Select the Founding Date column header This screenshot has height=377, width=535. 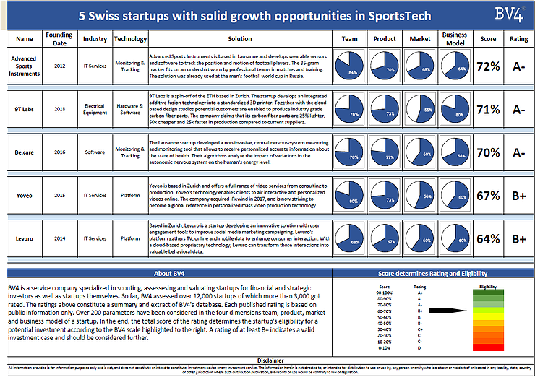[x=59, y=38]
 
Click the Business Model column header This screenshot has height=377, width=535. [x=455, y=38]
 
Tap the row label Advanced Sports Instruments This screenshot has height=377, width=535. [x=24, y=66]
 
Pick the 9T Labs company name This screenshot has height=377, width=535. [x=24, y=110]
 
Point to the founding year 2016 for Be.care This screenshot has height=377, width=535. [x=59, y=152]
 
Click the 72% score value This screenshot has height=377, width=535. [x=488, y=67]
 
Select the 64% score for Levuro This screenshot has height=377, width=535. [x=488, y=238]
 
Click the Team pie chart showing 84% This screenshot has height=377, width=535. [x=350, y=66]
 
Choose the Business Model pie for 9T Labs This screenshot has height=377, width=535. [x=455, y=109]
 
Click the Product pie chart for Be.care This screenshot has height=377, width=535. [x=385, y=152]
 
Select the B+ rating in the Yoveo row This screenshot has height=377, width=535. [x=518, y=196]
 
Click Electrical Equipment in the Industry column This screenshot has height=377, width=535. [x=95, y=110]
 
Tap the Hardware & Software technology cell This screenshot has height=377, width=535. [x=130, y=110]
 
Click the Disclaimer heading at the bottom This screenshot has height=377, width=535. [x=267, y=359]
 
